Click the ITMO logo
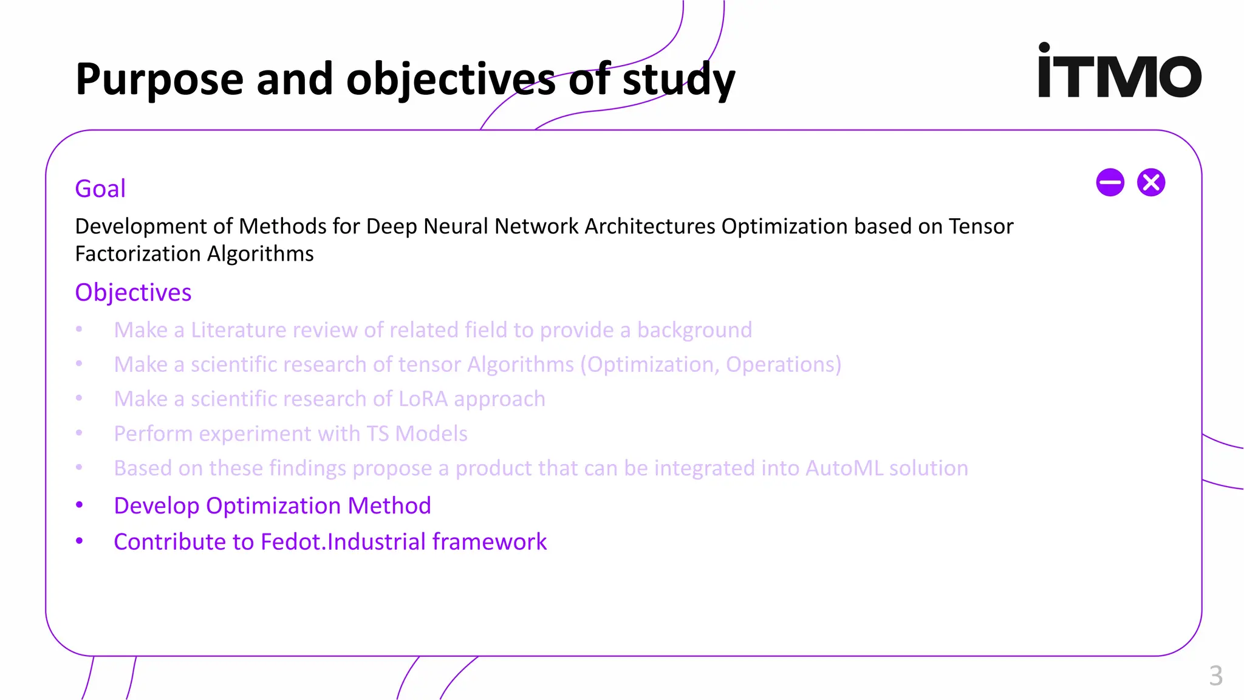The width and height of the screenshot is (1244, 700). point(1119,71)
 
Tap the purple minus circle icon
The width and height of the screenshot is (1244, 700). point(1110,182)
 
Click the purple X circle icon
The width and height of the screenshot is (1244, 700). point(1150,182)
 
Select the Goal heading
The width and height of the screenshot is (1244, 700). point(100,189)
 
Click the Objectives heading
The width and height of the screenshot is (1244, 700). point(133,293)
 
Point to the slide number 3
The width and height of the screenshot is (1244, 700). point(1215,676)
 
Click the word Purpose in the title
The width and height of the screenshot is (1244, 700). point(159,80)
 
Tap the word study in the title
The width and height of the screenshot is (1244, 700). point(678,80)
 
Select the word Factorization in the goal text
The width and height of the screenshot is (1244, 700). point(138,254)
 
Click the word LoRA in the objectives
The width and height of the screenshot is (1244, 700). point(423,399)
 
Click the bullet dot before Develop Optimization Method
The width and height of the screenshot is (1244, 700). point(79,505)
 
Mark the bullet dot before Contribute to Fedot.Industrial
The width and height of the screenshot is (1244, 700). point(79,541)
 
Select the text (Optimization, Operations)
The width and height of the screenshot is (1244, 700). point(711,365)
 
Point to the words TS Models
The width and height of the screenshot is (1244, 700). point(417,434)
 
